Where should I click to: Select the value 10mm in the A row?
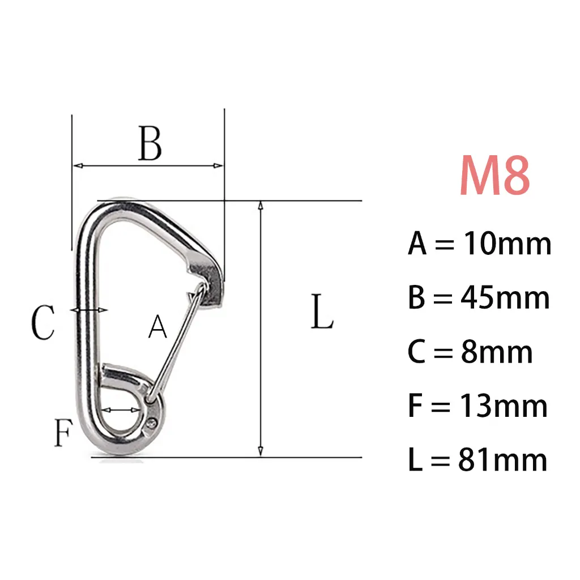(507, 244)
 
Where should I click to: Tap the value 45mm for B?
(505, 298)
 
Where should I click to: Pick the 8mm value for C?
(497, 352)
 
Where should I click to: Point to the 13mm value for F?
(504, 406)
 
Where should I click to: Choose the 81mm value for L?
(503, 460)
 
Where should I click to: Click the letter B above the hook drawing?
(150, 143)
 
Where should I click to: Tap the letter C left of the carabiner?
(43, 322)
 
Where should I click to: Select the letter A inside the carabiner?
(157, 326)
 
